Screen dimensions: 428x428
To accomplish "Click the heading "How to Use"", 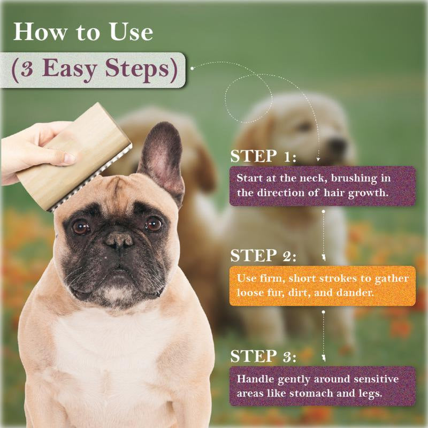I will pos(83,32).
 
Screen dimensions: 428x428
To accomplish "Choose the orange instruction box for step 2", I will pos(323,286).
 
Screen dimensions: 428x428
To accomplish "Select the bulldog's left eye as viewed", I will pos(81,227).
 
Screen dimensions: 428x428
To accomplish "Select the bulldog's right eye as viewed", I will pos(153,224).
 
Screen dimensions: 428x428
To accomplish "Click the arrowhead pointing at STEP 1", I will pos(319,158).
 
